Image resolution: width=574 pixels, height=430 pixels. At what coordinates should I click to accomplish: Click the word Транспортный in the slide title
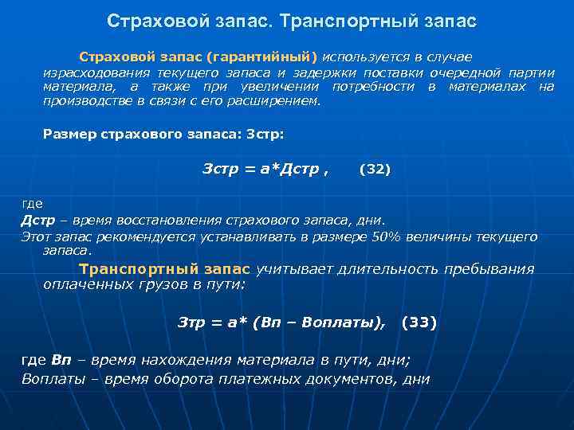pyautogui.click(x=355, y=21)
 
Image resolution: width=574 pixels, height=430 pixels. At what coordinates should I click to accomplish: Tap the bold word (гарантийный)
pyautogui.click(x=270, y=57)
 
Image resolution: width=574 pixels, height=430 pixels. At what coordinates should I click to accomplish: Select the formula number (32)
pyautogui.click(x=375, y=169)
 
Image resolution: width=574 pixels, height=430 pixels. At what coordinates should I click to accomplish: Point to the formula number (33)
pyautogui.click(x=419, y=322)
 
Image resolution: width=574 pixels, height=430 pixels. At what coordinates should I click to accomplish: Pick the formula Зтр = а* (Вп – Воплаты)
pyautogui.click(x=280, y=322)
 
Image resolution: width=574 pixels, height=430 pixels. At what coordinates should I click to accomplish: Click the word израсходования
pyautogui.click(x=89, y=72)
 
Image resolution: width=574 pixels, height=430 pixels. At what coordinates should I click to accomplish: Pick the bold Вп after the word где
pyautogui.click(x=61, y=360)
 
